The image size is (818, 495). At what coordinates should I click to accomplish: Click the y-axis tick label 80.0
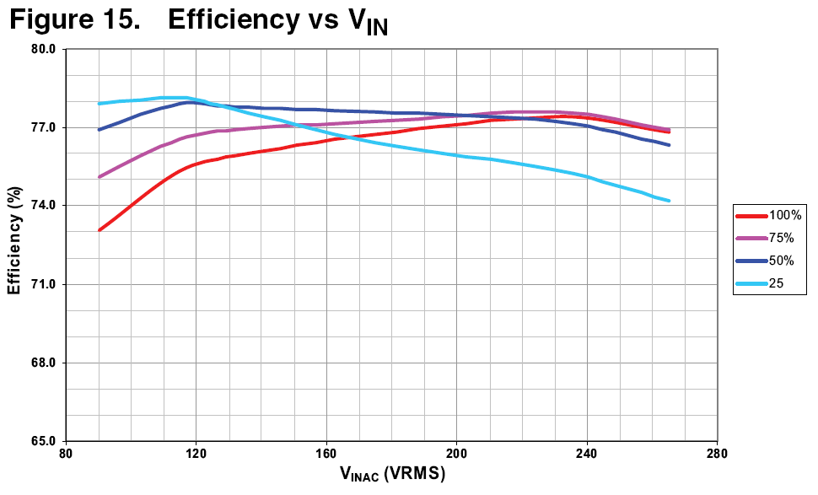(43, 49)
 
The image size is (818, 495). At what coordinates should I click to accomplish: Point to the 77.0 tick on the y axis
(43, 127)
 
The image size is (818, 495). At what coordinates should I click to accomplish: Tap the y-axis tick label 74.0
(43, 206)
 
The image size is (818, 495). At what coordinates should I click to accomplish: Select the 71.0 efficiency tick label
(43, 284)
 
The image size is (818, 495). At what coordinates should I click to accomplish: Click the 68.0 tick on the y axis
(43, 363)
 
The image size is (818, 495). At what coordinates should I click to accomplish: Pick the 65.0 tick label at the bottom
(43, 441)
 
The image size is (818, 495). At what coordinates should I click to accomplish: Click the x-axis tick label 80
(66, 453)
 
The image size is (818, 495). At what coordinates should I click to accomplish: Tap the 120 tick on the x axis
(196, 453)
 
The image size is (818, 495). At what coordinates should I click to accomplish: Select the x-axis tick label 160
(326, 453)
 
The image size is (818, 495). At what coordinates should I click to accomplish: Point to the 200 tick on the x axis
(456, 453)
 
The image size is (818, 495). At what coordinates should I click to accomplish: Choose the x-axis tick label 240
(587, 453)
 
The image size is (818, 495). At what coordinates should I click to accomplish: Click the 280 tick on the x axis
(717, 453)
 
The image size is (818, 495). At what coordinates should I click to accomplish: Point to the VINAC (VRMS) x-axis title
(392, 475)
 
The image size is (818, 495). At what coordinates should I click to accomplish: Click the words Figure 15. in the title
(74, 20)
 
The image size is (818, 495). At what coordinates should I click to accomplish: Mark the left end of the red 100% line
(100, 230)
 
